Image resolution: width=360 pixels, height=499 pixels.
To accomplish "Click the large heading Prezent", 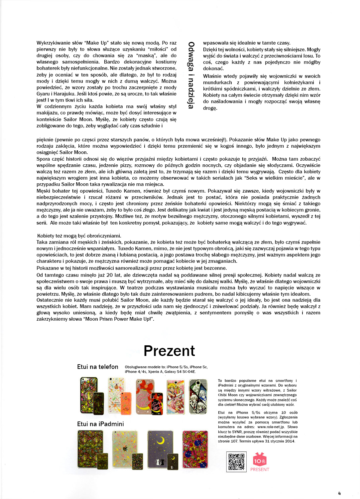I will click(x=169, y=351).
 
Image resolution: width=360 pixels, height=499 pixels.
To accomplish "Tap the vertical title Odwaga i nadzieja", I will click(x=191, y=75).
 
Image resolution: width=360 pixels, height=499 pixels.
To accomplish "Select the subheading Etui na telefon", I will click(x=97, y=367).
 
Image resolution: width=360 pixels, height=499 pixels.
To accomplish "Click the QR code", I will click(x=236, y=461).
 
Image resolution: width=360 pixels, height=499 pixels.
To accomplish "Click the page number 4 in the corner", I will click(x=339, y=493).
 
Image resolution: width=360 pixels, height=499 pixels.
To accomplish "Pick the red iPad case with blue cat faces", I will click(x=195, y=449).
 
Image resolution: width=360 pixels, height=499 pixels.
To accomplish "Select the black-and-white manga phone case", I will click(x=198, y=396).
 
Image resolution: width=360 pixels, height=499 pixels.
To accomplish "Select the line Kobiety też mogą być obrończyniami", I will click(x=79, y=236).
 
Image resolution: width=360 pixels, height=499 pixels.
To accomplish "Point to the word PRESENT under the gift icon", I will click(x=260, y=469).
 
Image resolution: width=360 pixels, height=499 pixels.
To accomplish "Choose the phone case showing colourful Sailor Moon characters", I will click(x=175, y=396).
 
